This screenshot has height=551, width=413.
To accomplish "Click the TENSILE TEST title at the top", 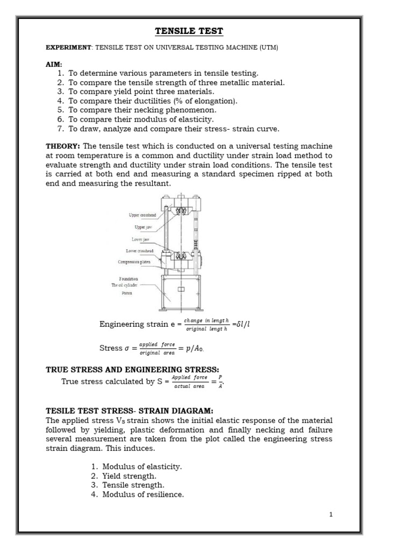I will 189,31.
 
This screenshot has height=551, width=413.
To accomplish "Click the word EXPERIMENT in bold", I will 69,48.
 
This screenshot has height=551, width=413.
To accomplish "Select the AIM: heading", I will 54,64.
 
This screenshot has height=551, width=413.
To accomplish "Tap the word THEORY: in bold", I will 63,146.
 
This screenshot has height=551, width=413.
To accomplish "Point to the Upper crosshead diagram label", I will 142,215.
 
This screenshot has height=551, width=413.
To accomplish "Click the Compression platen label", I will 138,262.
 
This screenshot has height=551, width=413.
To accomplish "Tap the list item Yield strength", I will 130,476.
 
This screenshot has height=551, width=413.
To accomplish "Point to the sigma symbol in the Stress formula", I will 127,348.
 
